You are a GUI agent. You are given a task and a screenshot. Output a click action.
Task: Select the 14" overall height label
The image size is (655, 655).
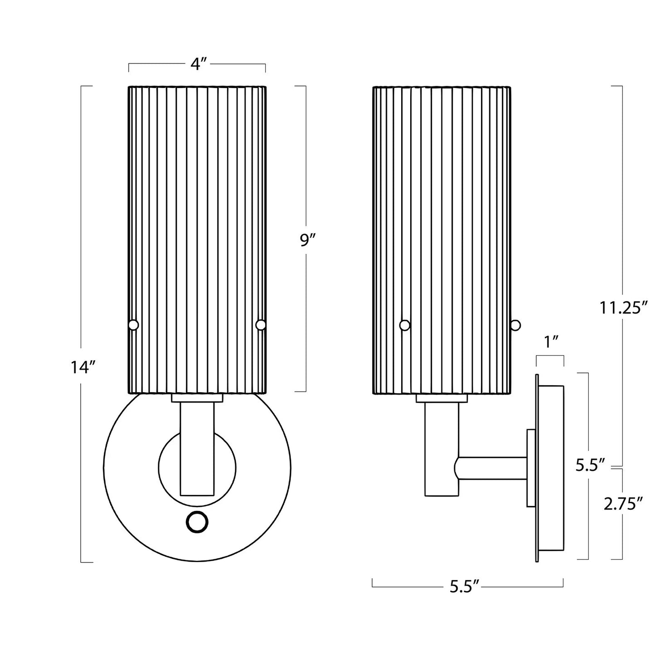click(x=82, y=367)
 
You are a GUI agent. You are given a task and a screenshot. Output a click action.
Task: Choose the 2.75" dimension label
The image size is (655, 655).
click(x=623, y=504)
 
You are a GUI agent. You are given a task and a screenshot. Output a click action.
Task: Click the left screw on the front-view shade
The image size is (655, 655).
click(x=133, y=325)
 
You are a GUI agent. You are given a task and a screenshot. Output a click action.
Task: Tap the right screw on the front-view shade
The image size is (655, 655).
click(x=261, y=325)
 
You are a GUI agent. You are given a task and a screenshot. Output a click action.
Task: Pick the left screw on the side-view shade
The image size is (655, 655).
click(x=405, y=325)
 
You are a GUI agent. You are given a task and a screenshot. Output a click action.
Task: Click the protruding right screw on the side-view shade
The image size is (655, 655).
click(x=515, y=325)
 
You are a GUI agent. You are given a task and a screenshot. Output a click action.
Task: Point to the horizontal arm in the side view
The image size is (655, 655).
click(x=492, y=468)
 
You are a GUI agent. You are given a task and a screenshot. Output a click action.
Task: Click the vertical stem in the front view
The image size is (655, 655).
click(x=197, y=449)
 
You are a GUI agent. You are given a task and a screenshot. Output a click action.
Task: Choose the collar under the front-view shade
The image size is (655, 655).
click(x=197, y=398)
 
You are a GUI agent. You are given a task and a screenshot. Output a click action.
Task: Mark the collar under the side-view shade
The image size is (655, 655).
click(x=442, y=398)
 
